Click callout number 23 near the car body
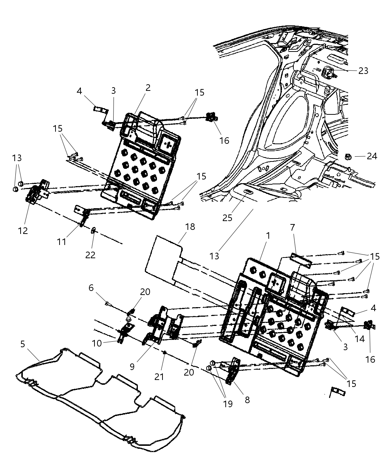(x=363, y=71)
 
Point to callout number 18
(x=190, y=227)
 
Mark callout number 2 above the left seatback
(x=148, y=88)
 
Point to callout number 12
(x=23, y=231)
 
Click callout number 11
(x=61, y=242)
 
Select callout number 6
(x=91, y=288)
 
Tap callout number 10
(x=97, y=343)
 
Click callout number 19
(x=228, y=404)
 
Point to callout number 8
(x=247, y=399)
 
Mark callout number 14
(x=359, y=338)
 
